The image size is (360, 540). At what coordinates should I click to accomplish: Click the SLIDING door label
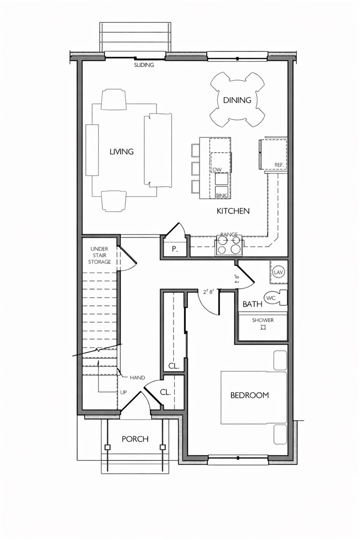pyautogui.click(x=144, y=65)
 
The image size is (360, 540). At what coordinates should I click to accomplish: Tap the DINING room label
pyautogui.click(x=237, y=100)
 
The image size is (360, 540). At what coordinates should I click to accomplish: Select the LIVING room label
pyautogui.click(x=122, y=152)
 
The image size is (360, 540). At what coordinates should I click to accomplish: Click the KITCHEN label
pyautogui.click(x=233, y=211)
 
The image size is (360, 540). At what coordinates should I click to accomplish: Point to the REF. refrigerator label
pyautogui.click(x=279, y=165)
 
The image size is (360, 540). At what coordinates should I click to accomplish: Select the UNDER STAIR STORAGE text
pyautogui.click(x=100, y=255)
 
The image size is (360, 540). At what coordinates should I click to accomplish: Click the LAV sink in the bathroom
pyautogui.click(x=278, y=272)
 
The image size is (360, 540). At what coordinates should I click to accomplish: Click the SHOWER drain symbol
pyautogui.click(x=263, y=328)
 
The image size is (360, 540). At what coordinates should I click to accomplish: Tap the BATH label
pyautogui.click(x=253, y=304)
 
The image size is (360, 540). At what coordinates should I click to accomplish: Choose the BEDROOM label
pyautogui.click(x=249, y=395)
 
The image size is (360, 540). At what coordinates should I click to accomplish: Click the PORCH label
pyautogui.click(x=135, y=439)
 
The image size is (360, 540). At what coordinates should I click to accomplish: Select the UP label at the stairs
pyautogui.click(x=123, y=392)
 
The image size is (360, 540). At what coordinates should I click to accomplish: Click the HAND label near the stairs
pyautogui.click(x=137, y=378)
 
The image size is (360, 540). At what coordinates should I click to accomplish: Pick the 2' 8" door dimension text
pyautogui.click(x=208, y=292)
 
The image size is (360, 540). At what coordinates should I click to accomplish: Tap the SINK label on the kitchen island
pyautogui.click(x=221, y=195)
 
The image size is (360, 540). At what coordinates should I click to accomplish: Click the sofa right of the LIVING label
pyautogui.click(x=158, y=150)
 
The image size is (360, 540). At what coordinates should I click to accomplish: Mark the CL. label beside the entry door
pyautogui.click(x=166, y=392)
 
